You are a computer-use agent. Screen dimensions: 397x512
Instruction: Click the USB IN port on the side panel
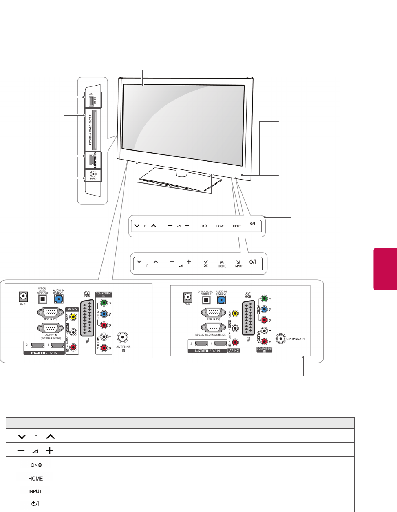point(90,99)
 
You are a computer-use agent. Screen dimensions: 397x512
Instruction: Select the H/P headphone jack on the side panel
point(93,174)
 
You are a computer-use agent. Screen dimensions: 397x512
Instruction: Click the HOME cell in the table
point(35,478)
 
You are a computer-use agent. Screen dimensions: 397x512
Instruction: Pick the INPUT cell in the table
point(35,491)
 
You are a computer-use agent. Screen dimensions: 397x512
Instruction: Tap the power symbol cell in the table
point(35,504)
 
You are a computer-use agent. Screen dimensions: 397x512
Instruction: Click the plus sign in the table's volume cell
point(49,451)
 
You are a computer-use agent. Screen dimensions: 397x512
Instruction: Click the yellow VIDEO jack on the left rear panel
point(73,316)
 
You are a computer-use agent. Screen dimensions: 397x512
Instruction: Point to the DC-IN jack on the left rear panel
point(23,297)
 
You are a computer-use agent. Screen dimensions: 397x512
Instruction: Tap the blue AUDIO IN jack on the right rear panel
point(221,300)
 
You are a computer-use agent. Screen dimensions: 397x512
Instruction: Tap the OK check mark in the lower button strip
point(206,262)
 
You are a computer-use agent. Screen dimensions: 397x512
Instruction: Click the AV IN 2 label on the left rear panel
point(72,310)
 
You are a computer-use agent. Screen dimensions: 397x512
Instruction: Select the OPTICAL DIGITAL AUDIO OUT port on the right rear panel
point(206,300)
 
